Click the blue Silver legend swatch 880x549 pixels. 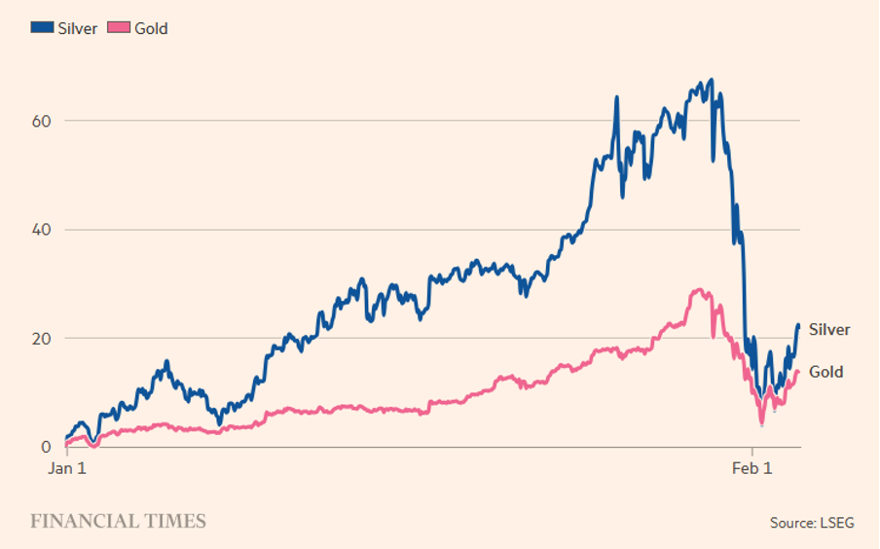click(41, 28)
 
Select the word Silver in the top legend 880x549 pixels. click(77, 28)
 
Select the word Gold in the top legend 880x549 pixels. click(151, 28)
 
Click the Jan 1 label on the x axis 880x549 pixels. click(68, 468)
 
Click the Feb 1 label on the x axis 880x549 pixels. click(752, 468)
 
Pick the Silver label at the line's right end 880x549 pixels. click(829, 330)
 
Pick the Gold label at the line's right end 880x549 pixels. click(826, 372)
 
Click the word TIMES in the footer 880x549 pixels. click(176, 521)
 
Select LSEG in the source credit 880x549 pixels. click(836, 523)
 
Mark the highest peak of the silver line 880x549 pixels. click(713, 80)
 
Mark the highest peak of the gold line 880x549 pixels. click(697, 289)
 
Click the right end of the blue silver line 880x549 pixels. click(798, 325)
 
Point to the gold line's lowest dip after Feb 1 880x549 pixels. click(762, 424)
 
